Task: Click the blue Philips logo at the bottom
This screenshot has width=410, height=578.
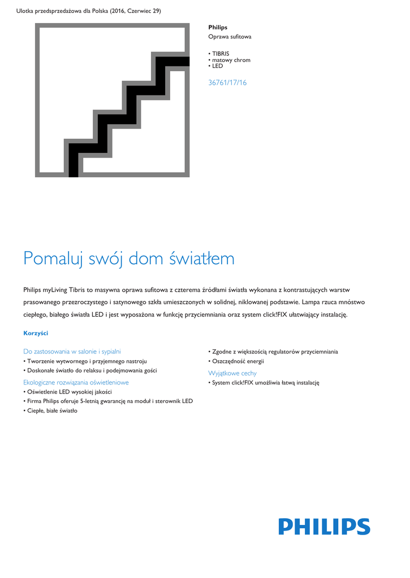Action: pos(324,527)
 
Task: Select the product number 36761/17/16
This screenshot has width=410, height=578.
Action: pos(227,83)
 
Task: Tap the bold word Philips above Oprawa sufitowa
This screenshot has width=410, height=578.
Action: pos(218,27)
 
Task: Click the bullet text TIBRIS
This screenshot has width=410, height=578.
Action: pos(221,54)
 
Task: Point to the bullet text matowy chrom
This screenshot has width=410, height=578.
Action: pos(231,60)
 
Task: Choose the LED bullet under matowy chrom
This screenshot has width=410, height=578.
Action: pos(217,66)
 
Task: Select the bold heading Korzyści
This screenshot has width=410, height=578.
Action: pos(36,333)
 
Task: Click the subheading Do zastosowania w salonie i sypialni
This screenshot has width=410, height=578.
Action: pos(72,351)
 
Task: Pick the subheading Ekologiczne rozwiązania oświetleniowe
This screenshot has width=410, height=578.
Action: pos(76,382)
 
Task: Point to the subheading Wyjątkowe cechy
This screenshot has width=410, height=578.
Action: pos(232,373)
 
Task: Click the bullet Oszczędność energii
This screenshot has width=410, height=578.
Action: pos(238,361)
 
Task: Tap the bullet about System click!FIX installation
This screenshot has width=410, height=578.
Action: pos(265,383)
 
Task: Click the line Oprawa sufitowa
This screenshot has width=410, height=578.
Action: pos(230,37)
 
